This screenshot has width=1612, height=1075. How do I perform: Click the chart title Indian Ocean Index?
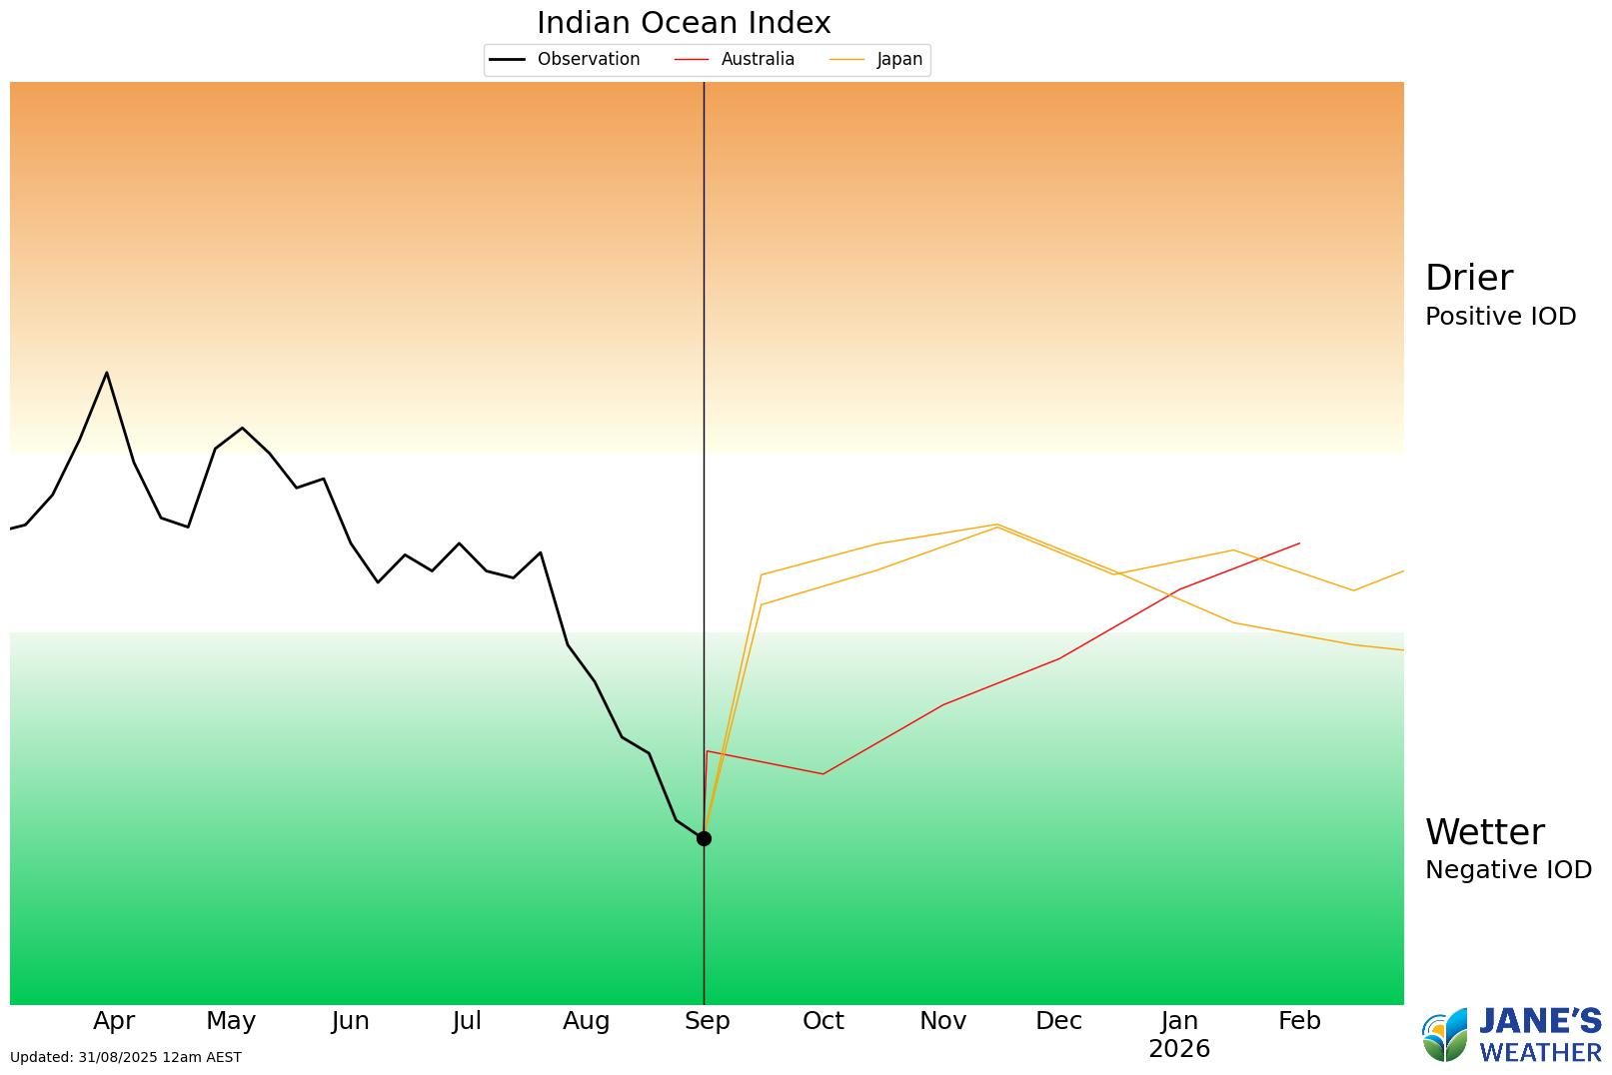tap(684, 22)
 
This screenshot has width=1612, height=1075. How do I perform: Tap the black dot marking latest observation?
tap(704, 838)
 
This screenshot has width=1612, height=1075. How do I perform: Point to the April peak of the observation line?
tap(107, 373)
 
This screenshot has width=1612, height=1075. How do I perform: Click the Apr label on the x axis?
tap(114, 1021)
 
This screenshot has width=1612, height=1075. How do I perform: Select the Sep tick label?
tap(707, 1021)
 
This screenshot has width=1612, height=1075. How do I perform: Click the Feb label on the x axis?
tap(1299, 1021)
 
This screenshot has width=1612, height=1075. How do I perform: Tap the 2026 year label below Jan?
tap(1179, 1049)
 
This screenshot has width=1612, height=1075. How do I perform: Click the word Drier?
tap(1468, 278)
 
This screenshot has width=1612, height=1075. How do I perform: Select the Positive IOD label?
tap(1500, 317)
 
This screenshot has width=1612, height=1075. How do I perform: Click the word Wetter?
tap(1484, 832)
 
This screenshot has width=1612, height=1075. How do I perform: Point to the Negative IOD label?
tap(1508, 870)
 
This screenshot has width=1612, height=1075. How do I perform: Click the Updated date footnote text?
tap(126, 1057)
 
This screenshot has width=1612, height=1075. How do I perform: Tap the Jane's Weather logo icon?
tap(1445, 1036)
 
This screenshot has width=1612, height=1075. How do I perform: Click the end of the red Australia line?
tap(1299, 543)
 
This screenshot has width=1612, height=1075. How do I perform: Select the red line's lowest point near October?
tap(822, 774)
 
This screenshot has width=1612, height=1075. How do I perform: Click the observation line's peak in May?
tap(242, 428)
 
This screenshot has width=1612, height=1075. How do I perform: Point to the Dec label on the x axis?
tap(1058, 1021)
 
